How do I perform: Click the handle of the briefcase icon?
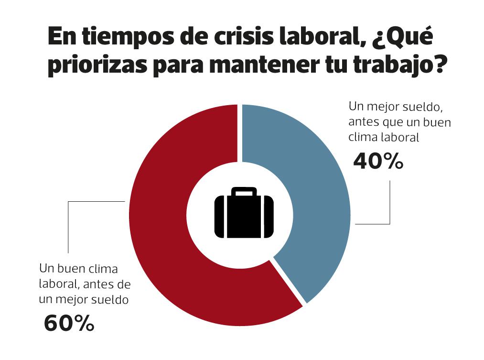(x=244, y=192)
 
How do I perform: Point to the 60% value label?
(x=69, y=324)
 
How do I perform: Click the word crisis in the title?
(x=231, y=38)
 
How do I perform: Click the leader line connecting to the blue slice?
(x=390, y=210)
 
